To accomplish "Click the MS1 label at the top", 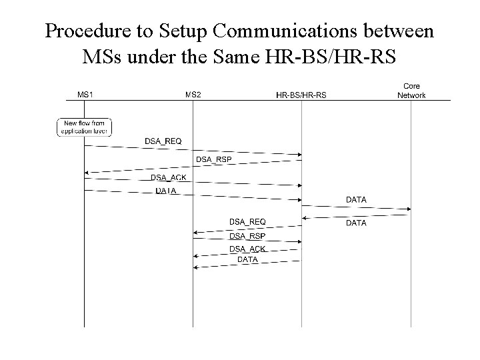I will click(x=85, y=95).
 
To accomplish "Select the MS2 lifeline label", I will click(x=193, y=95).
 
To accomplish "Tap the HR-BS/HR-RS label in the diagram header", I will click(x=301, y=95).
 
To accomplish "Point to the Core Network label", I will click(x=411, y=91).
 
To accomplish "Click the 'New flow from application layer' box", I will click(x=85, y=127).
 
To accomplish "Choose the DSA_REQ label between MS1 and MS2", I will click(x=163, y=141).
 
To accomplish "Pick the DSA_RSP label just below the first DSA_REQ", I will click(x=213, y=159).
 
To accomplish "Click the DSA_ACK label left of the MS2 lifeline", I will click(x=169, y=177).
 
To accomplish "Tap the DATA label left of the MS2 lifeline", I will click(x=166, y=191).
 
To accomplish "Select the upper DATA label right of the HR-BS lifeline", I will click(x=356, y=199).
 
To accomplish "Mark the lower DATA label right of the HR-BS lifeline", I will click(x=356, y=223).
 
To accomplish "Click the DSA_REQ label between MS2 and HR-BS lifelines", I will click(x=247, y=221).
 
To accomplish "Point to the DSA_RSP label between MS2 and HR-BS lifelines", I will click(x=247, y=236).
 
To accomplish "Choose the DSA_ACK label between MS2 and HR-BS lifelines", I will click(x=247, y=249).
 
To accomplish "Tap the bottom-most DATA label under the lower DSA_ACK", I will click(x=247, y=259).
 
